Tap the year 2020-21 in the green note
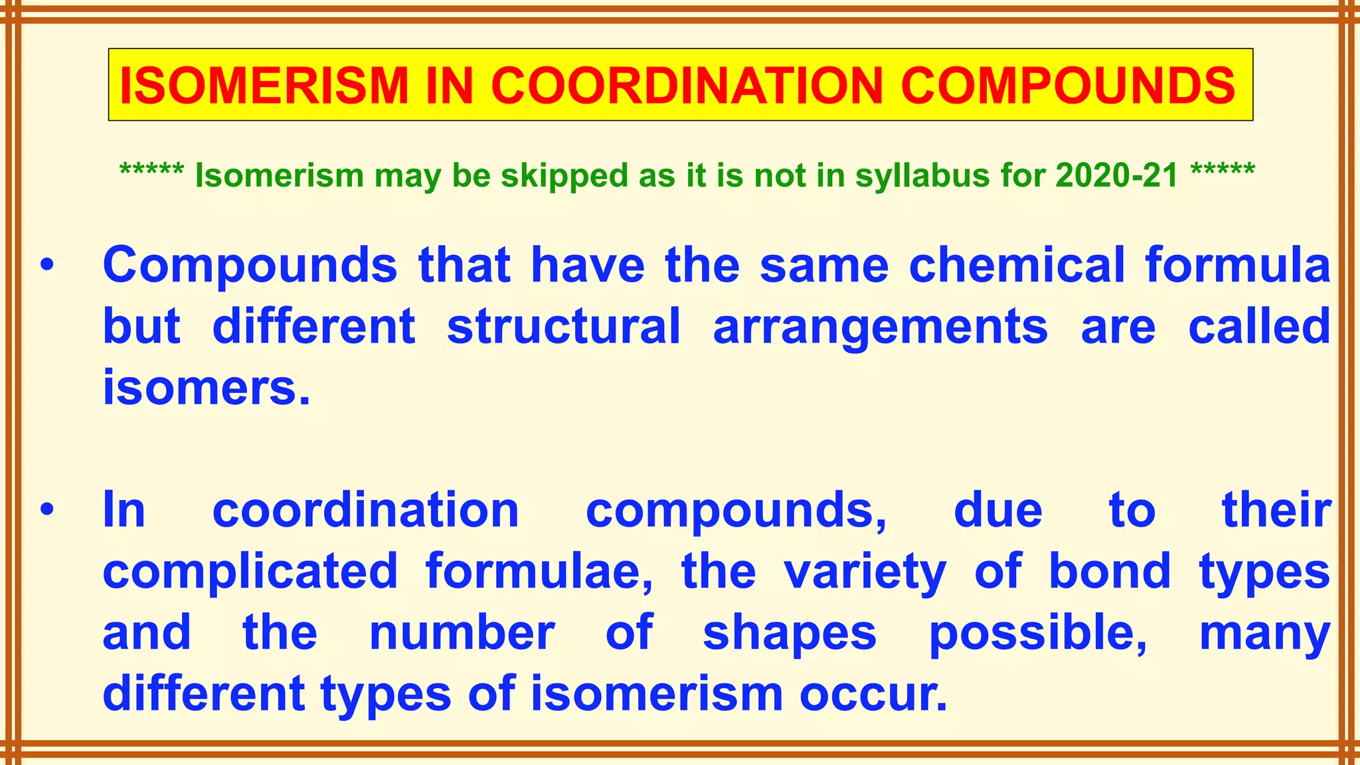(1116, 175)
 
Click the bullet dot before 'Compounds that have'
(46, 266)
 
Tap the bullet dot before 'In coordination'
(46, 510)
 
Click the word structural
(564, 327)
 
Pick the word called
(1259, 327)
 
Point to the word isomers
(206, 388)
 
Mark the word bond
(1110, 571)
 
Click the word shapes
(790, 634)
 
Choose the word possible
(1037, 634)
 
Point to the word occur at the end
(873, 695)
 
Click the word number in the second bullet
(462, 633)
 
